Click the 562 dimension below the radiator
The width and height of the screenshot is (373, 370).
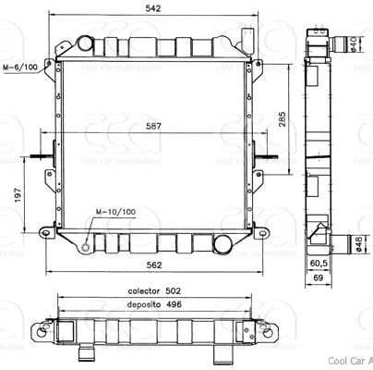click(153, 265)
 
